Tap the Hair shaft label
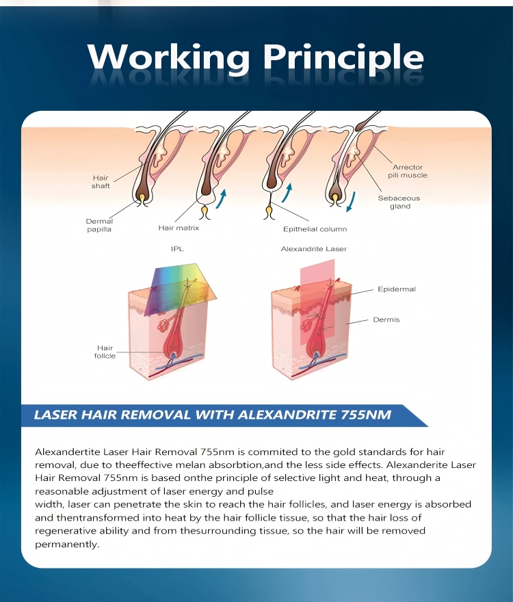[x=101, y=182]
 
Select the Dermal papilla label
[x=99, y=225]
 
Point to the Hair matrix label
[x=179, y=228]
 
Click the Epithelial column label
[x=315, y=229]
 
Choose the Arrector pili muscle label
[x=408, y=171]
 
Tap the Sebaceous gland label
[x=399, y=202]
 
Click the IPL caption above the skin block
[x=177, y=249]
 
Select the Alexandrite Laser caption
[x=314, y=249]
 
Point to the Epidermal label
[x=396, y=289]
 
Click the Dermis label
[x=386, y=319]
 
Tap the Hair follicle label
[x=105, y=352]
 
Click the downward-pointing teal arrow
[x=350, y=202]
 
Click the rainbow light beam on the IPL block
[x=181, y=287]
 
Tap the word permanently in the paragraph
[x=67, y=545]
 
